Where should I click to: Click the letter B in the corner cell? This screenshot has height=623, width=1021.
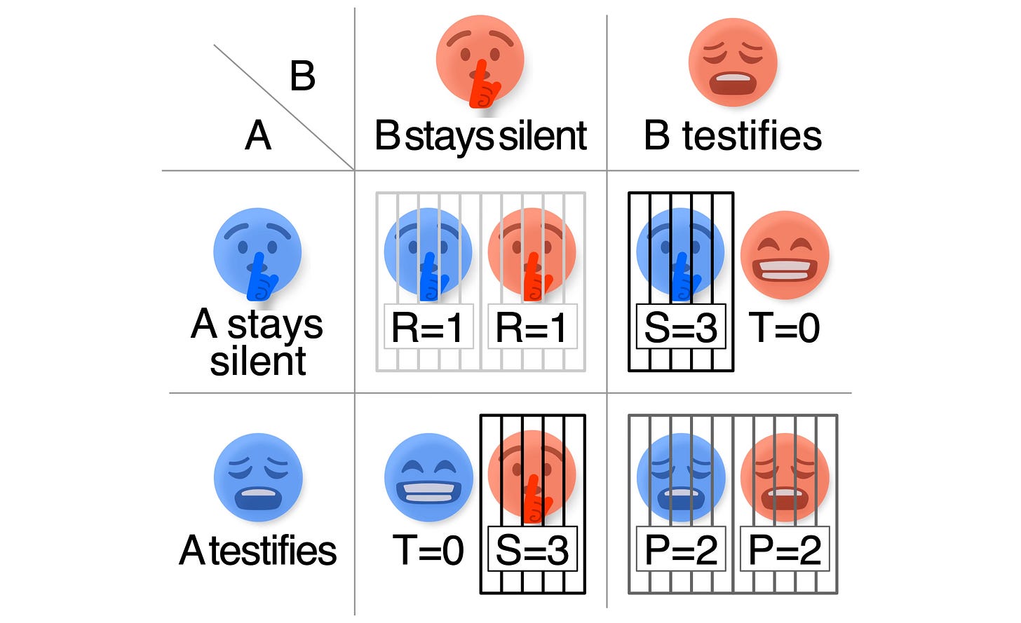click(302, 76)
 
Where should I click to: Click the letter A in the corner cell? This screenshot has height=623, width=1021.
click(258, 135)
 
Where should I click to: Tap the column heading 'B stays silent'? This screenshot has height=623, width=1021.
click(480, 136)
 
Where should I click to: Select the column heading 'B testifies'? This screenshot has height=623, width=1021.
click(732, 136)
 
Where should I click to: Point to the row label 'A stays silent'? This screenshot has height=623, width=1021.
click(257, 343)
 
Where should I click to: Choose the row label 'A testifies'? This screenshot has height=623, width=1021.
click(258, 550)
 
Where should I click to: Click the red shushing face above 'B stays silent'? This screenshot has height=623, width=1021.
click(480, 59)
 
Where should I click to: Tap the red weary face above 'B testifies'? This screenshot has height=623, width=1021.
click(732, 62)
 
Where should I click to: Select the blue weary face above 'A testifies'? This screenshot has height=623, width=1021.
click(257, 477)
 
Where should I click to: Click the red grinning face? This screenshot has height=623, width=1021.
click(785, 255)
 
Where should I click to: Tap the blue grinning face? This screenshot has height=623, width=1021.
click(428, 477)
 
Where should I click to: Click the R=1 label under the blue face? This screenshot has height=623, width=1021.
click(428, 327)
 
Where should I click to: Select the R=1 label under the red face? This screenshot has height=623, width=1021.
click(532, 327)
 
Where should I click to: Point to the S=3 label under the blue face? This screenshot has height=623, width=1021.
click(680, 327)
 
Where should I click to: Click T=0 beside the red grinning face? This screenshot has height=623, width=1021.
click(785, 327)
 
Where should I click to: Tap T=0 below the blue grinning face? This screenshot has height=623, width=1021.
click(428, 550)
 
